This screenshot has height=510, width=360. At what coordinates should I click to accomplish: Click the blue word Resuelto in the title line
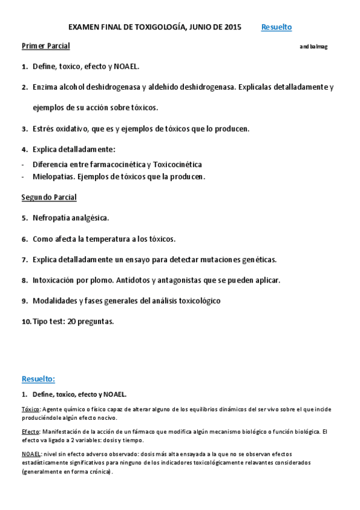[276, 27]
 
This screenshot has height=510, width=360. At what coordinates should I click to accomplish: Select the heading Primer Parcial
[46, 46]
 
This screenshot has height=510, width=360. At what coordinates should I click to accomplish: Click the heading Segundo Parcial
[49, 197]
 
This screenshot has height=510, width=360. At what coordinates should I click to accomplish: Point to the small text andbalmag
[314, 47]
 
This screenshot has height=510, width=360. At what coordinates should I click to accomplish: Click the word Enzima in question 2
[45, 87]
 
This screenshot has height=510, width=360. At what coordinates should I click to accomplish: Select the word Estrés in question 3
[44, 129]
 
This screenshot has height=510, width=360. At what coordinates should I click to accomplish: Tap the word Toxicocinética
[177, 164]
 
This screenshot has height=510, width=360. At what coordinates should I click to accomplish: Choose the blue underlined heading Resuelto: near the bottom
[38, 379]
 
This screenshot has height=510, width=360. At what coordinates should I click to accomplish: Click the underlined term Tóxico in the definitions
[31, 409]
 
